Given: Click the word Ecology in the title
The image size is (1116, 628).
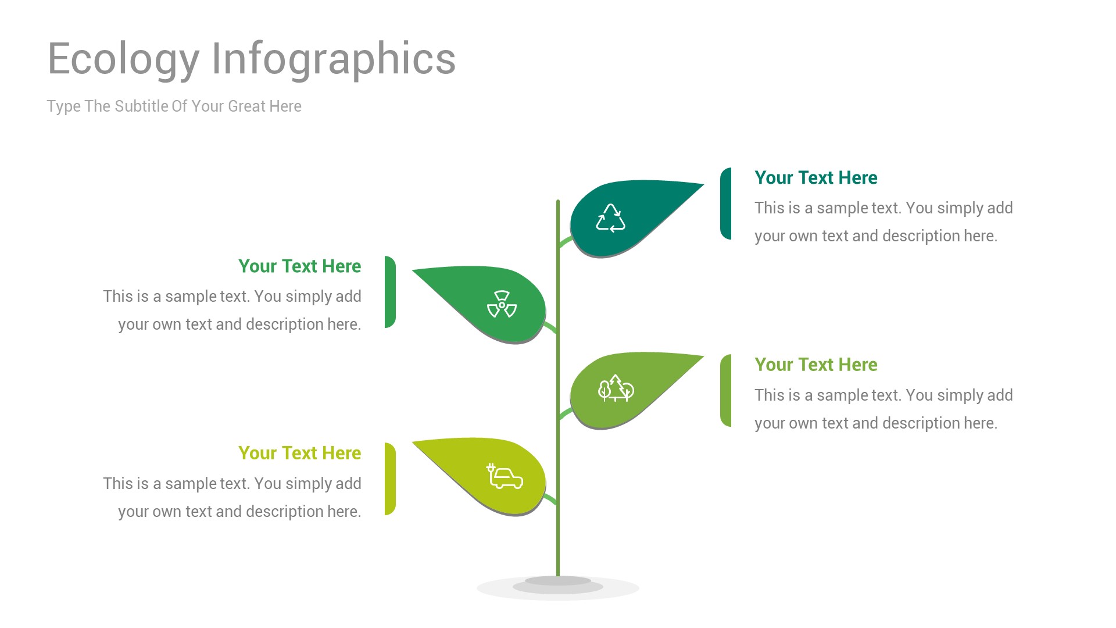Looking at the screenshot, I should click(123, 59).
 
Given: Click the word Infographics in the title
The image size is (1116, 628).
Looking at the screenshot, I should click(333, 59).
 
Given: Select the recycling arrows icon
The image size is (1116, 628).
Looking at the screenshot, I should click(610, 218).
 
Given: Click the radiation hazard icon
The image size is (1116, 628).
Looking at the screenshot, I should click(502, 304).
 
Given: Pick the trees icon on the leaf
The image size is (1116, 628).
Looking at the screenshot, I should click(616, 388).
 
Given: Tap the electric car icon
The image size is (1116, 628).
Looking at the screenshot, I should click(505, 476).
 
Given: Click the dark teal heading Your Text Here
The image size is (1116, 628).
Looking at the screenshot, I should click(815, 178).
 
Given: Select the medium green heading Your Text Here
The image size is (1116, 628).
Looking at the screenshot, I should click(299, 266).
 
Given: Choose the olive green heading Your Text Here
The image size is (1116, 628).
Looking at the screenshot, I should click(815, 365).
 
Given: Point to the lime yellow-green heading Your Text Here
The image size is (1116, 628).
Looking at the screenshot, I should click(299, 453).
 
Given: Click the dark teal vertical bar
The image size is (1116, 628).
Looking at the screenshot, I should click(725, 204).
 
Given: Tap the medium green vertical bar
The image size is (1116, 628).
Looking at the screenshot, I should click(390, 292).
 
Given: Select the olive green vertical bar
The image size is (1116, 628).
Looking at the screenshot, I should click(725, 391).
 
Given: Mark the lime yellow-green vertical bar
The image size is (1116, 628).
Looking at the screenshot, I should click(390, 479).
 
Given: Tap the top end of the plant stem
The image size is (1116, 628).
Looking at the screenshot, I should click(558, 202).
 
